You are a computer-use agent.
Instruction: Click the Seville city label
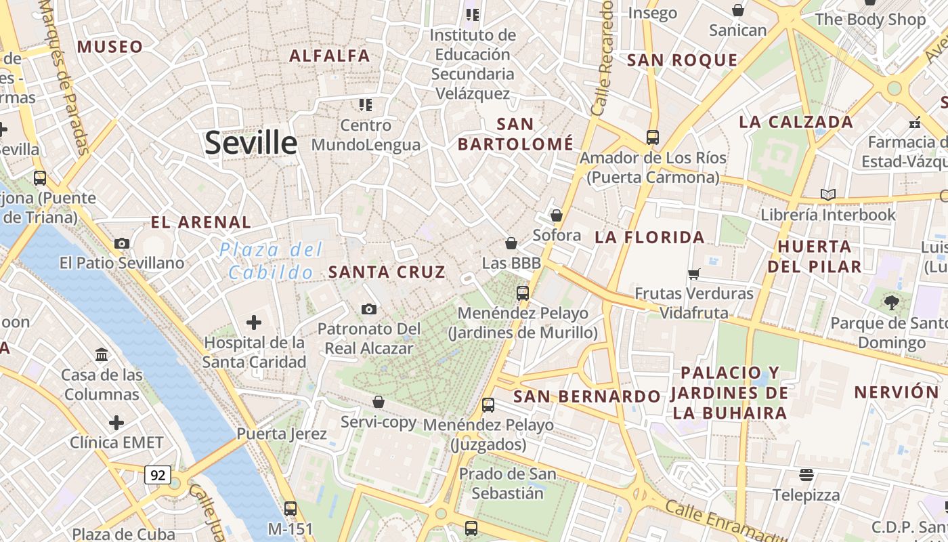tap(251, 143)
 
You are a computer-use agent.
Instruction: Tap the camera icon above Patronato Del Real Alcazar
tap(368, 309)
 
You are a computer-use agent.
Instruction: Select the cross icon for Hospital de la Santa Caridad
tap(254, 322)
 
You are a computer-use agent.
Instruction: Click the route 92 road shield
tap(157, 475)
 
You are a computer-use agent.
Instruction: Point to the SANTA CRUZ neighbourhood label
tap(387, 272)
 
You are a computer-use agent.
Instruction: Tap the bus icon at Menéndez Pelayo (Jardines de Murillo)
tap(522, 293)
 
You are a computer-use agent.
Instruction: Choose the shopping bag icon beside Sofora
tap(556, 215)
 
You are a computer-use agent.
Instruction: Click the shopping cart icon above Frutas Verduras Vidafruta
tap(693, 274)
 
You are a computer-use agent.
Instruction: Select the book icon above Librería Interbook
tap(827, 194)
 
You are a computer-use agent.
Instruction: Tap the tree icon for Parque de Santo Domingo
tap(891, 302)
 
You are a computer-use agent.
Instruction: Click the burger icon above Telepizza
tap(806, 474)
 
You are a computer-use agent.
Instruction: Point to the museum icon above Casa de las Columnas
tap(102, 354)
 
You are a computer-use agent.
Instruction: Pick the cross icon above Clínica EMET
tap(116, 423)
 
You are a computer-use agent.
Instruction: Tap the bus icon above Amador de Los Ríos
tap(652, 137)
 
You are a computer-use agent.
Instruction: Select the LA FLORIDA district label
tap(649, 237)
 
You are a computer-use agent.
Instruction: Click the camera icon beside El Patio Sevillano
tap(122, 243)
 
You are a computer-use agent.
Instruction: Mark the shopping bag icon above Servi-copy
tap(378, 402)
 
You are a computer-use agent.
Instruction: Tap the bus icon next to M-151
tap(290, 507)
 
